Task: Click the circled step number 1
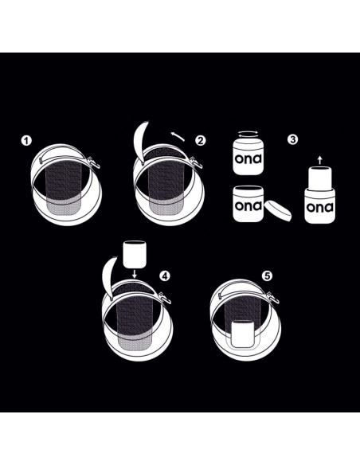(26, 141)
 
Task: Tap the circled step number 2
(201, 140)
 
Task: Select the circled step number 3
(292, 139)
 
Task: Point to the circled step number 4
(165, 276)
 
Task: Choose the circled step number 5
(267, 276)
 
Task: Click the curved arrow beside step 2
(178, 136)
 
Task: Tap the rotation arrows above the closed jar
(248, 134)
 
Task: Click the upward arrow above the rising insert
(319, 159)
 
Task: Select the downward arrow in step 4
(135, 274)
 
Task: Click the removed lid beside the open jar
(278, 211)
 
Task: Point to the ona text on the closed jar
(248, 158)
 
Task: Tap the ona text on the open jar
(248, 205)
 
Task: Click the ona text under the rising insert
(319, 207)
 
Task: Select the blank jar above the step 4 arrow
(135, 255)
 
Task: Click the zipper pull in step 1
(94, 162)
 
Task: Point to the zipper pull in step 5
(273, 298)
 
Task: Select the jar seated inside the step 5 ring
(243, 334)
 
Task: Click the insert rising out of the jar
(319, 178)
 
